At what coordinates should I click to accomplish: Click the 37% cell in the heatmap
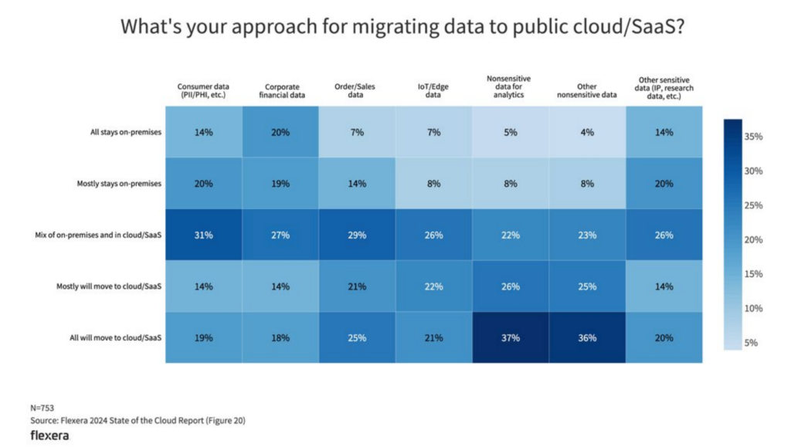tap(511, 337)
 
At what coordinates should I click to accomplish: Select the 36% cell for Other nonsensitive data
tap(587, 337)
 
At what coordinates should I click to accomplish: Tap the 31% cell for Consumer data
tap(203, 235)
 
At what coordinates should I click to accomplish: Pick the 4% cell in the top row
tap(587, 132)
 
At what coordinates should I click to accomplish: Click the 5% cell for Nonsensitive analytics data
tap(511, 132)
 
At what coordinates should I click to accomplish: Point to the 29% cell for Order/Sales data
tap(357, 235)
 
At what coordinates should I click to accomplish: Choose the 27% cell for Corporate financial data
tap(280, 235)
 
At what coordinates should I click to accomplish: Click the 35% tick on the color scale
tap(753, 137)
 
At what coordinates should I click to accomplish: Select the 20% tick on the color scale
tap(753, 240)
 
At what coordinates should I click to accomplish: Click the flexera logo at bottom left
tap(49, 435)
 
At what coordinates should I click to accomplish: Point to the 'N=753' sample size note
tap(42, 408)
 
